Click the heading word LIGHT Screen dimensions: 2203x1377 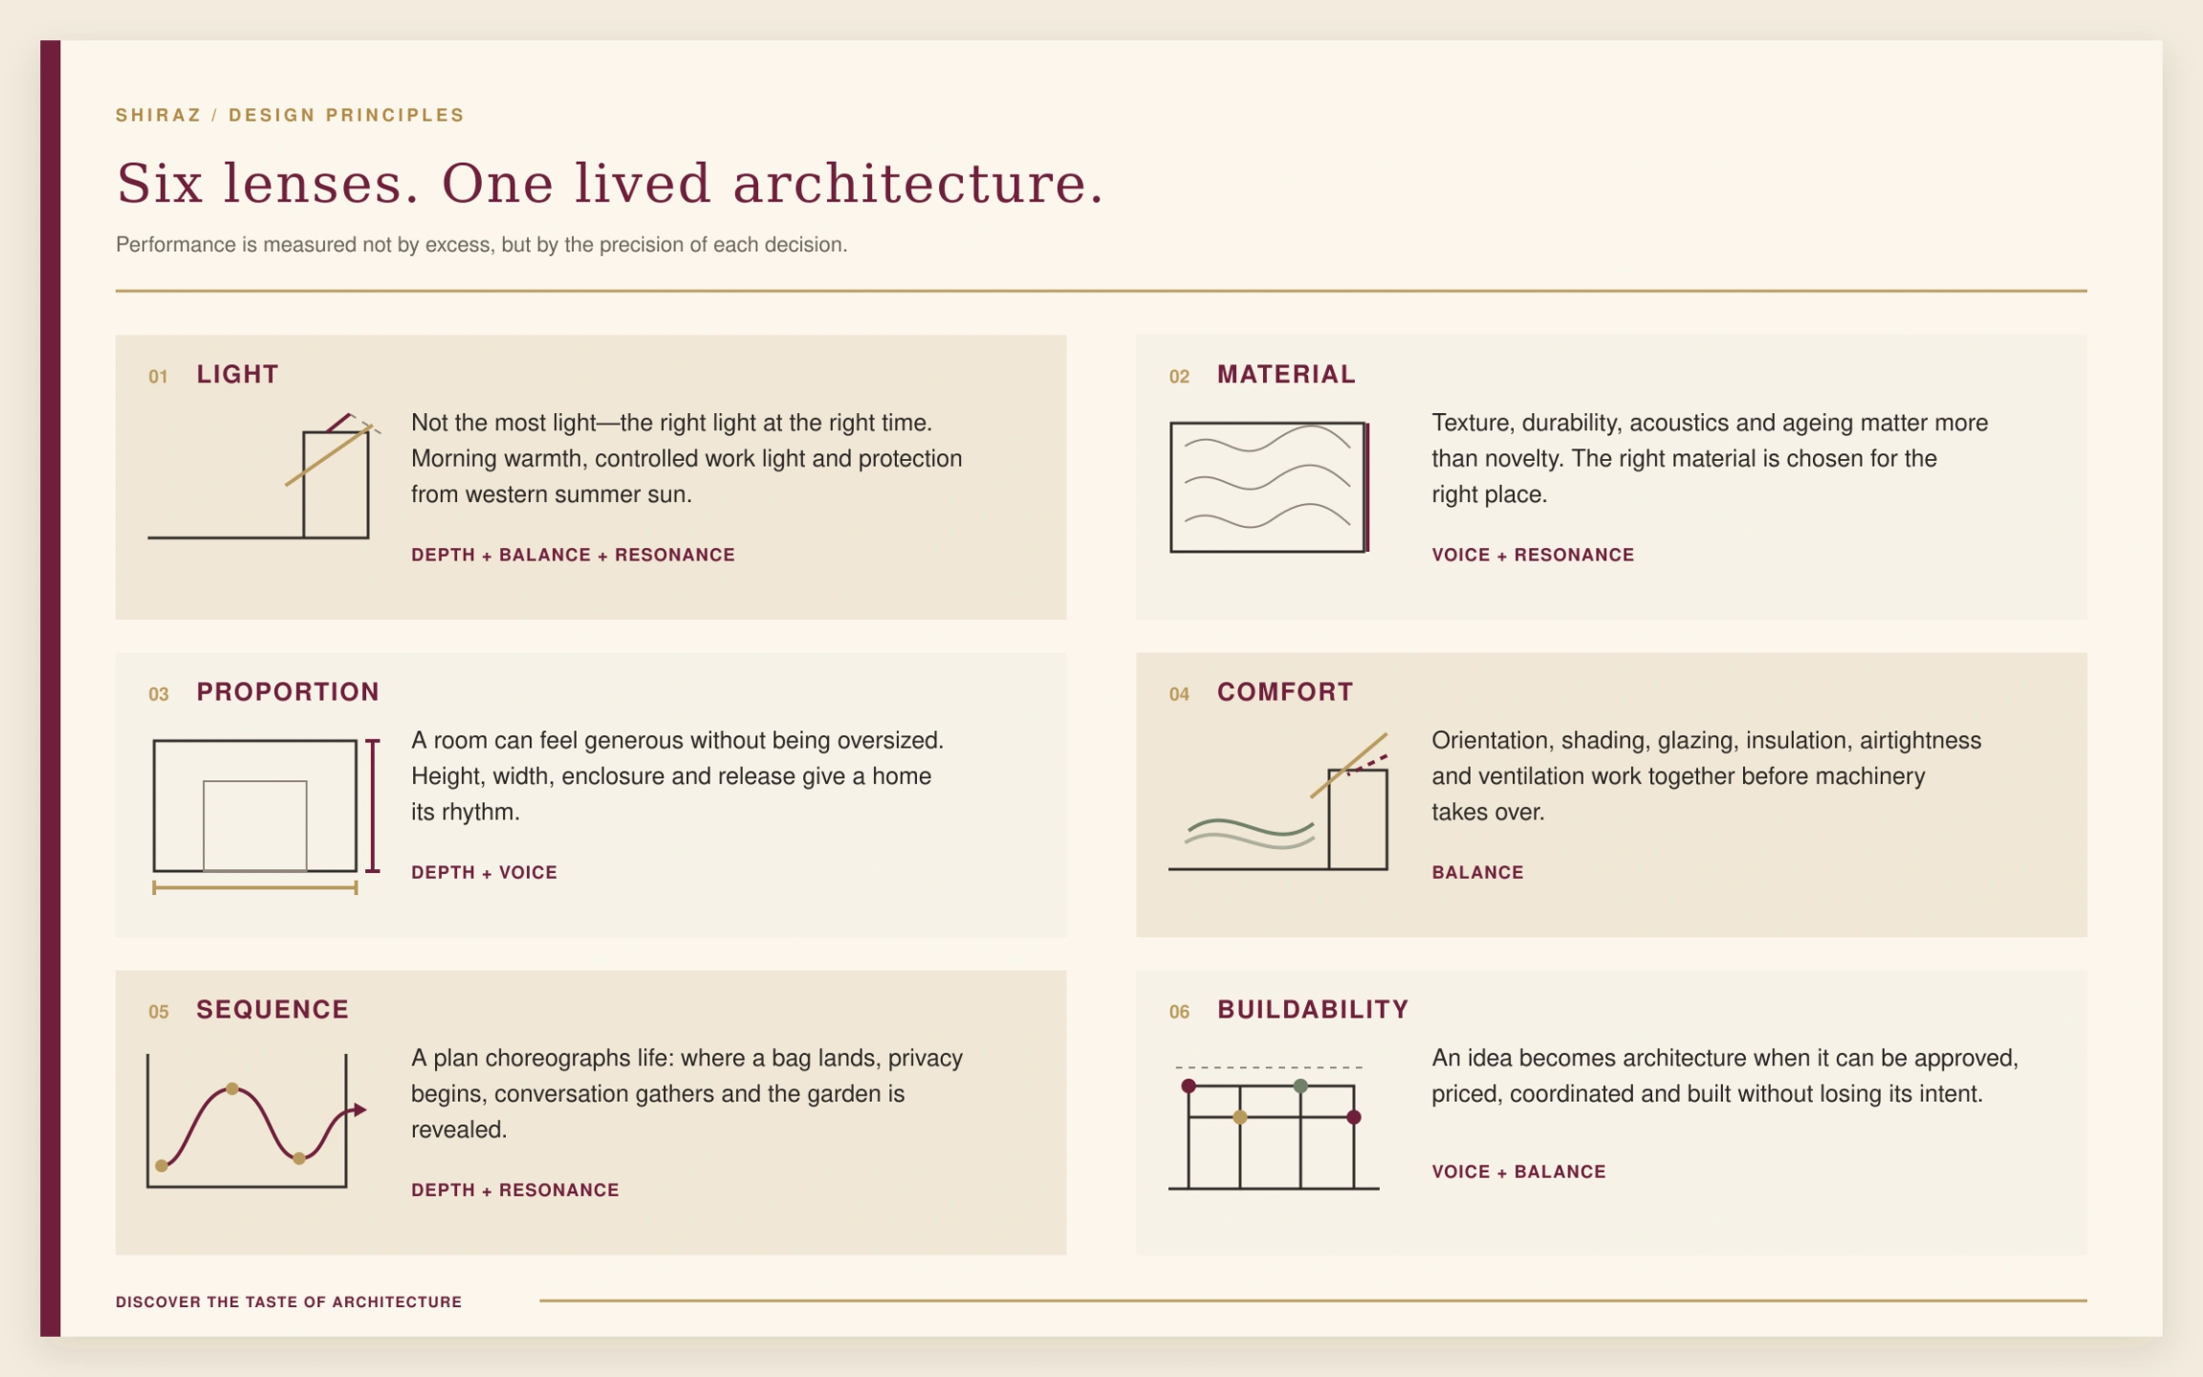click(x=237, y=375)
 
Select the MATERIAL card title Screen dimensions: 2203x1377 click(x=1286, y=375)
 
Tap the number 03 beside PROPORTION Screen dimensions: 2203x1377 click(x=159, y=694)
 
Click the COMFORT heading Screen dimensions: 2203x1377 click(x=1285, y=692)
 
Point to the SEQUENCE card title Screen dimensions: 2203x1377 click(x=273, y=1010)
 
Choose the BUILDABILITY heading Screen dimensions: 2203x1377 click(x=1313, y=1010)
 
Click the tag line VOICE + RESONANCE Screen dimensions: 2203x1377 click(x=1533, y=556)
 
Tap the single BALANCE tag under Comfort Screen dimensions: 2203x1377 click(x=1477, y=873)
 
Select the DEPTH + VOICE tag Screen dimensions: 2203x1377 click(x=484, y=873)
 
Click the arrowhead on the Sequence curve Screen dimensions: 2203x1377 click(x=360, y=1110)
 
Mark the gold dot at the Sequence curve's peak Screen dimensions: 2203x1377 click(x=231, y=1089)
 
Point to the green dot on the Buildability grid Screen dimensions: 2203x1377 click(x=1300, y=1086)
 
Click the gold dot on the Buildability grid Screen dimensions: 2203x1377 click(x=1240, y=1117)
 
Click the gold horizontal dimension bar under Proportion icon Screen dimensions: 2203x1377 click(x=255, y=888)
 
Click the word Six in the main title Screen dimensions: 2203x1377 click(x=160, y=184)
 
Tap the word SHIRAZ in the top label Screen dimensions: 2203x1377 click(x=159, y=116)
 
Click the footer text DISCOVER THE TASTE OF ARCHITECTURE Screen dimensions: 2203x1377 click(x=289, y=1302)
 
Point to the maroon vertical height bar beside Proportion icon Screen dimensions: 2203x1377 click(x=373, y=806)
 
